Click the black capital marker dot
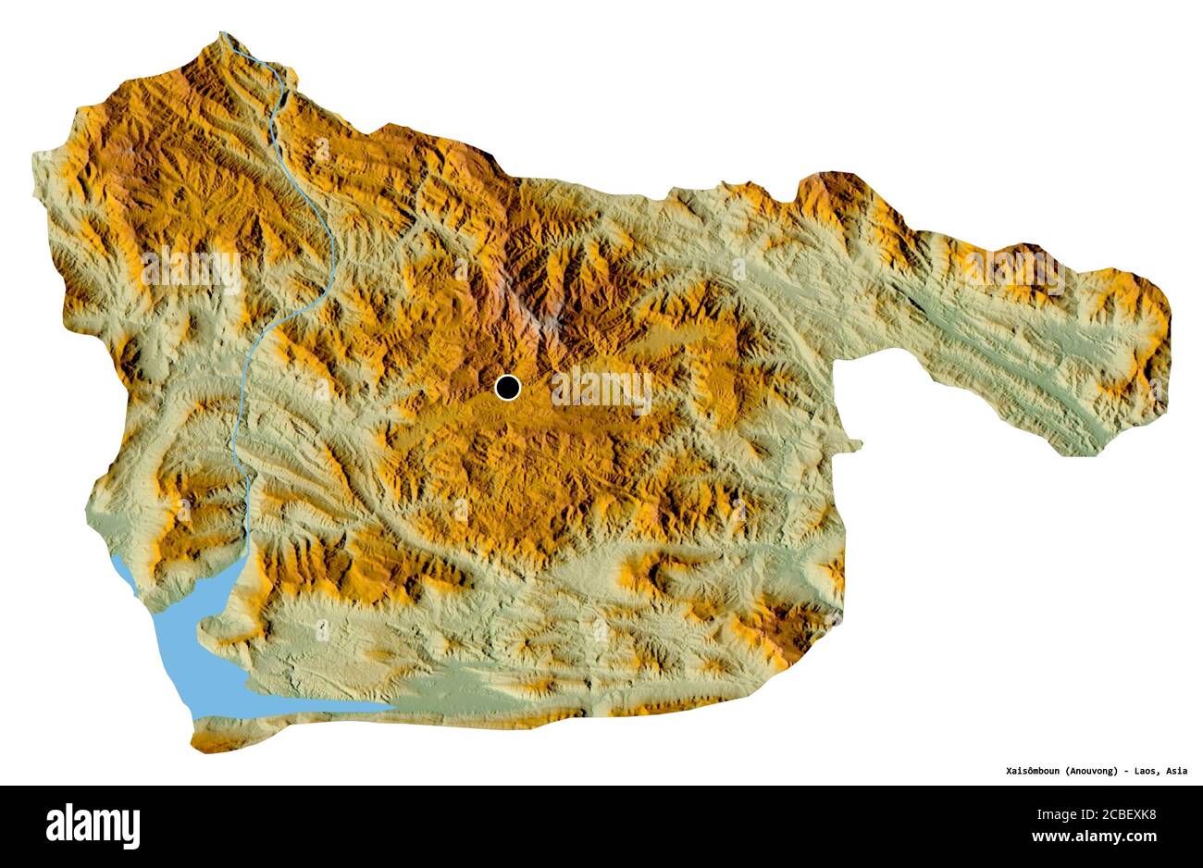pyautogui.click(x=508, y=388)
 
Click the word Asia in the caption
pyautogui.click(x=1177, y=770)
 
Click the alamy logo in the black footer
pyautogui.click(x=93, y=825)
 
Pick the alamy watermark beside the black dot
pyautogui.click(x=601, y=390)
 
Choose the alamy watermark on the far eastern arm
pyautogui.click(x=1013, y=268)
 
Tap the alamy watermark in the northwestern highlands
pyautogui.click(x=191, y=269)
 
